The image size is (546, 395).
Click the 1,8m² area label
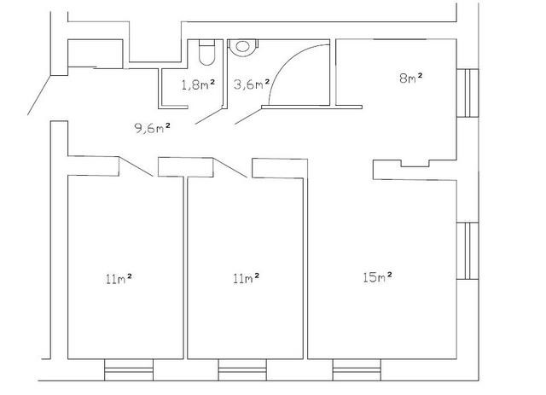pyautogui.click(x=198, y=84)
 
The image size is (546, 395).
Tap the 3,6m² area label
pyautogui.click(x=252, y=84)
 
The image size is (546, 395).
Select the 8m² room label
pyautogui.click(x=411, y=78)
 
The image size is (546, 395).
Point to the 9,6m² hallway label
pyautogui.click(x=153, y=128)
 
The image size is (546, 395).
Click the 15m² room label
pyautogui.click(x=377, y=277)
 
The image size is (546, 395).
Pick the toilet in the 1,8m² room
pyautogui.click(x=206, y=52)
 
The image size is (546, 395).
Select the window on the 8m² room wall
pyautogui.click(x=468, y=93)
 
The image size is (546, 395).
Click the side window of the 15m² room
pyautogui.click(x=468, y=251)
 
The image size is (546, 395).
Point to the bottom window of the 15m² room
pyautogui.click(x=357, y=370)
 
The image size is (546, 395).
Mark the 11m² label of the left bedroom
pyautogui.click(x=119, y=279)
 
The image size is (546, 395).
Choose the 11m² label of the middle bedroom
pyautogui.click(x=247, y=278)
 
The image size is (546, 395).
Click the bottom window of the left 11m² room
pyautogui.click(x=129, y=370)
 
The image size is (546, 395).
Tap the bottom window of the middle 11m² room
pyautogui.click(x=242, y=370)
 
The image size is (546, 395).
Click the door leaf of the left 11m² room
pyautogui.click(x=136, y=166)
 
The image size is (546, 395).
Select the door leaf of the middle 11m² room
pyautogui.click(x=230, y=167)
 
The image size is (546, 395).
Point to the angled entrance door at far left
pyautogui.click(x=39, y=95)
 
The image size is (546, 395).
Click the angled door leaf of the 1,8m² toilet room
pyautogui.click(x=209, y=115)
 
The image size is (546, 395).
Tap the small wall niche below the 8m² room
pyautogui.click(x=415, y=163)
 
